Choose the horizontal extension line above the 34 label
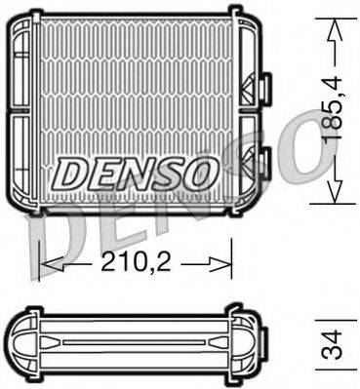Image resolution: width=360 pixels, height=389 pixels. [332, 316]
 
